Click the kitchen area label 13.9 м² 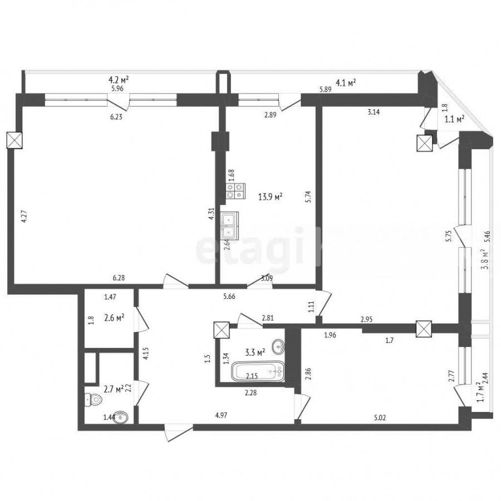click(270, 197)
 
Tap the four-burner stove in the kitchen click(236, 191)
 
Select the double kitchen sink click(229, 225)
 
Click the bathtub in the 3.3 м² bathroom click(258, 371)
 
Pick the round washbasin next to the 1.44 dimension click(120, 416)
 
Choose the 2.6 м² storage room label click(114, 318)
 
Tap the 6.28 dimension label click(119, 278)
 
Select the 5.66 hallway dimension click(229, 297)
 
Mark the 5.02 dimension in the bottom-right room click(379, 417)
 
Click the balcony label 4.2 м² click(119, 79)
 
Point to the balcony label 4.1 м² click(345, 83)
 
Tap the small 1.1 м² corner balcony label click(454, 120)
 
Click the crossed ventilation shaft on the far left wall click(15, 140)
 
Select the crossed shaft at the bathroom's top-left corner click(222, 330)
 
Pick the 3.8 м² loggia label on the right click(485, 259)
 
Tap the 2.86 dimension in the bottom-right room click(308, 373)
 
